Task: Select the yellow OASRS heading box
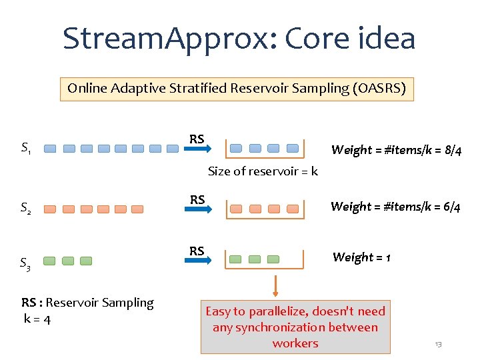click(237, 88)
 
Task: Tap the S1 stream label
click(25, 147)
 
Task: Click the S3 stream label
click(25, 265)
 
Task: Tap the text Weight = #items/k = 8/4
click(396, 150)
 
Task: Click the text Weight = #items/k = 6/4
click(395, 207)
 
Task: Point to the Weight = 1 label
click(361, 257)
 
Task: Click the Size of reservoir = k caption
click(263, 171)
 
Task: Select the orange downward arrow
click(274, 287)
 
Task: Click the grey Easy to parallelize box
click(295, 327)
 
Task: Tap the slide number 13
click(438, 344)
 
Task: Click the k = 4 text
click(37, 319)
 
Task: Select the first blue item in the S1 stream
click(51, 149)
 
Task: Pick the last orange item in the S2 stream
click(137, 209)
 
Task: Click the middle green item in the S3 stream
click(68, 261)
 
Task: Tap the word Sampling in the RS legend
click(127, 303)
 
